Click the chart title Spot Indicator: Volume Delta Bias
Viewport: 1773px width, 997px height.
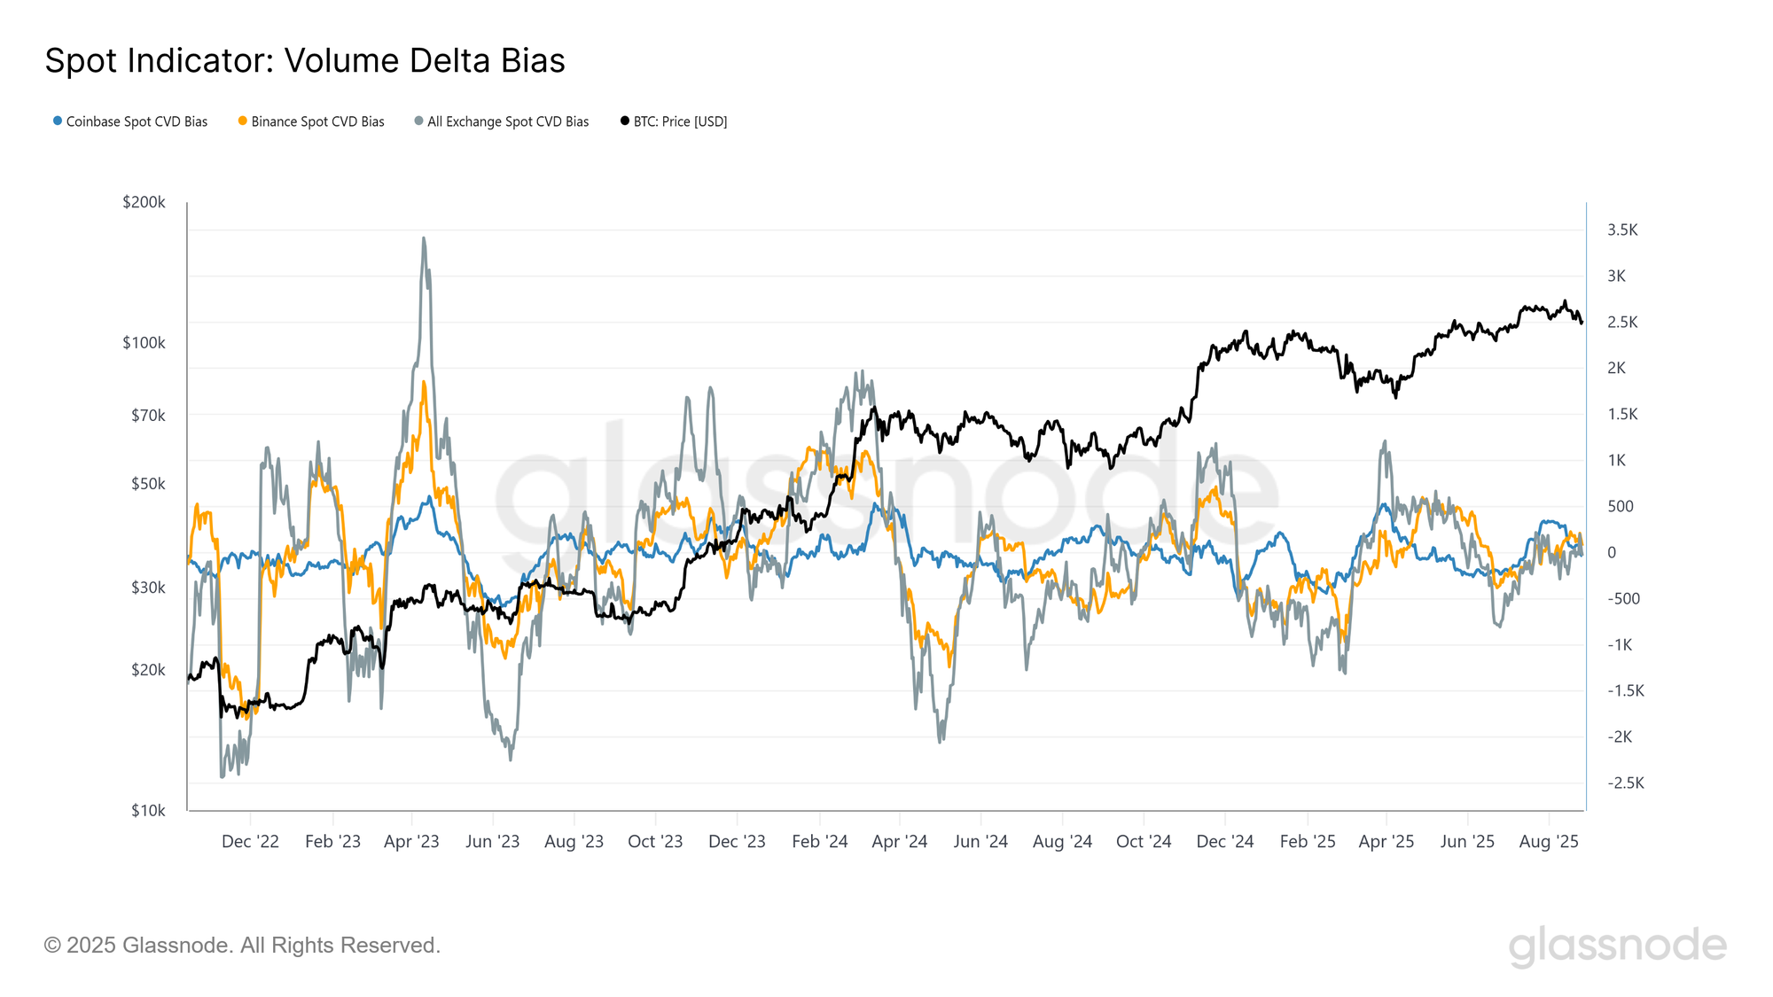point(305,61)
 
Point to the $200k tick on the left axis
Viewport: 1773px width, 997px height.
point(144,202)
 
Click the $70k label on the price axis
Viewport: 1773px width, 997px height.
point(148,416)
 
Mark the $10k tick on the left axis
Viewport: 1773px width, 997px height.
point(148,810)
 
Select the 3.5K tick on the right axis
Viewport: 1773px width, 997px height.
point(1622,230)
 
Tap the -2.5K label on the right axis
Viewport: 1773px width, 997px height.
point(1626,783)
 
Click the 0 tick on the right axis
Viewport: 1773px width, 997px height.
point(1612,553)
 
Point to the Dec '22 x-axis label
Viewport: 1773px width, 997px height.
point(250,841)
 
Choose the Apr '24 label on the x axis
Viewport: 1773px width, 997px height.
point(899,841)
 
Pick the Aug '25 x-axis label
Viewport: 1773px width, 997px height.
point(1549,841)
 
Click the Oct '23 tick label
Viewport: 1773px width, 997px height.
point(655,841)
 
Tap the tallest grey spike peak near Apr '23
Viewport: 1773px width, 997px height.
point(424,238)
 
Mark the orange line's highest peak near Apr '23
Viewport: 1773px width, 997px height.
point(424,382)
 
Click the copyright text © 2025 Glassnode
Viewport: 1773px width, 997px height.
point(242,945)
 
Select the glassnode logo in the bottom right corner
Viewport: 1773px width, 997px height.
point(1617,946)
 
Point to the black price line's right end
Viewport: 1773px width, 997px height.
point(1582,323)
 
